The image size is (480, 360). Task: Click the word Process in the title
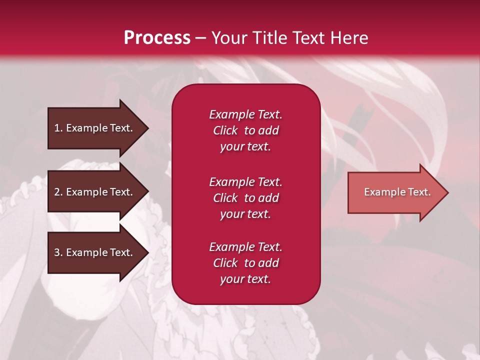pos(157,38)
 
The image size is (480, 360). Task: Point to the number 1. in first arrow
pos(58,128)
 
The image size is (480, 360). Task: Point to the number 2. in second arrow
pos(58,192)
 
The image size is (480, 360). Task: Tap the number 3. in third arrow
pos(58,252)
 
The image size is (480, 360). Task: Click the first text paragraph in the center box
pos(245,130)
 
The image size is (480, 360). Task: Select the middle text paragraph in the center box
pos(245,198)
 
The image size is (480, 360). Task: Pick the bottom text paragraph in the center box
pos(245,263)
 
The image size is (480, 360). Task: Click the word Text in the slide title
pos(307,38)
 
